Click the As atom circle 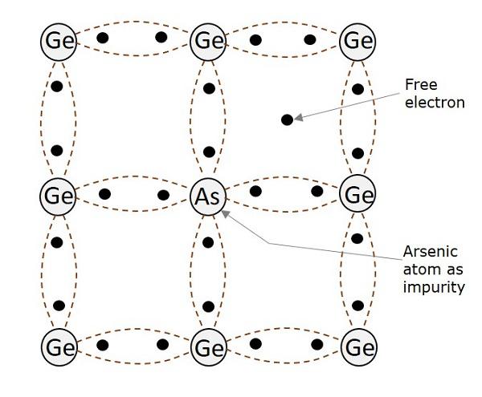[x=208, y=195]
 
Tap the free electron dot [x=287, y=120]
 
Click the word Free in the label [x=420, y=85]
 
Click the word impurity [x=435, y=287]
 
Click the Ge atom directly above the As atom [x=208, y=39]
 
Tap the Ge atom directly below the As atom [x=208, y=348]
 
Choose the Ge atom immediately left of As [x=58, y=195]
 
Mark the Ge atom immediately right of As [x=357, y=195]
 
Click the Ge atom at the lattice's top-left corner [x=58, y=39]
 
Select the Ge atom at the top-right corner [x=357, y=39]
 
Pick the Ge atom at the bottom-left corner [x=58, y=348]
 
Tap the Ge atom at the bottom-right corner [x=357, y=348]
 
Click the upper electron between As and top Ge [x=209, y=88]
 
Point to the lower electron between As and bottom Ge [x=209, y=306]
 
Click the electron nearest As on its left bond [x=163, y=194]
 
